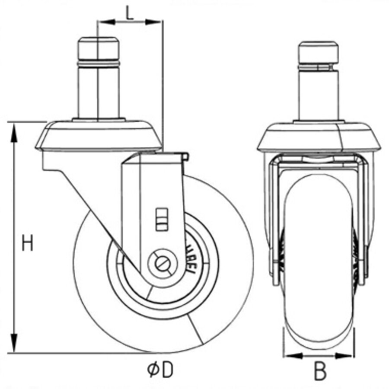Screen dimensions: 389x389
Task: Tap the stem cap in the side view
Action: click(98, 48)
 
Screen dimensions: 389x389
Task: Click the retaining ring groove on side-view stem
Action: click(98, 64)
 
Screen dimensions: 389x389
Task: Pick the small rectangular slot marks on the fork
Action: click(161, 218)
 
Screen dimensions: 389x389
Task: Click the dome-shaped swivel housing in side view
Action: click(99, 135)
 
